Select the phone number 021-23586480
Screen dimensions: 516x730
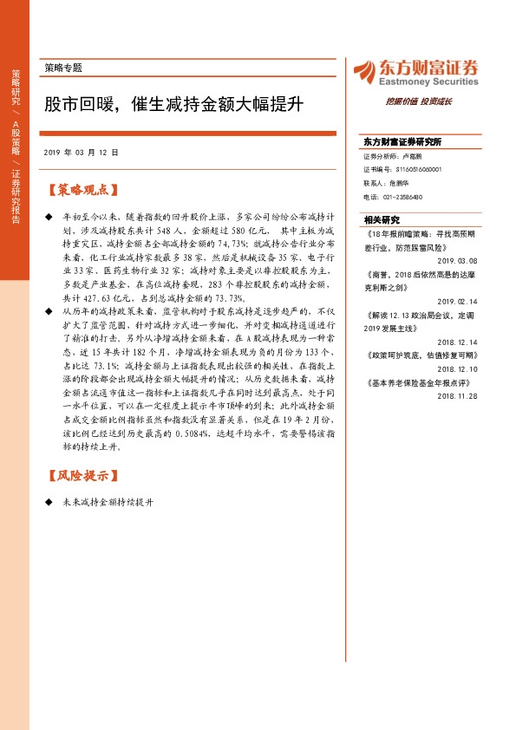(404, 197)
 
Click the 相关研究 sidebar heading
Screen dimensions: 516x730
(382, 220)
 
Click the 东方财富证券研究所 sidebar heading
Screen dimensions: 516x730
(402, 141)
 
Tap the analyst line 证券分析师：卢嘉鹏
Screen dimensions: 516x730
(393, 157)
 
